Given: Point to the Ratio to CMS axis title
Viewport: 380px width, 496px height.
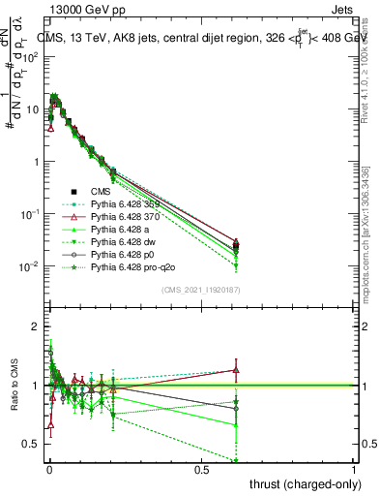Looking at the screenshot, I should click(15, 385).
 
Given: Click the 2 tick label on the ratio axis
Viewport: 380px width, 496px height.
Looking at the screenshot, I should click(36, 326).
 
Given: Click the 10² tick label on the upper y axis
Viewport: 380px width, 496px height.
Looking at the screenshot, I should click(31, 56).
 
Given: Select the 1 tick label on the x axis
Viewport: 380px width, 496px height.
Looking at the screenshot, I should click(354, 468).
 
